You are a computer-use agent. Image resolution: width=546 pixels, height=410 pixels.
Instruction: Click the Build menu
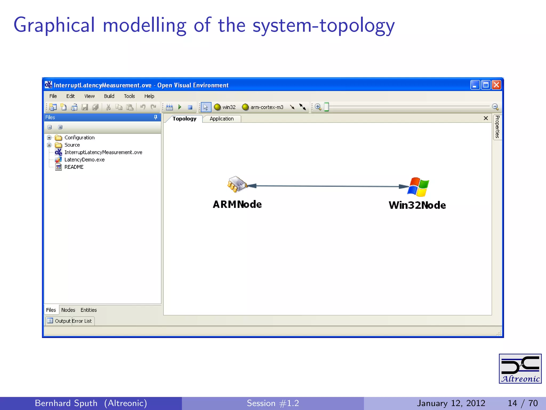point(109,96)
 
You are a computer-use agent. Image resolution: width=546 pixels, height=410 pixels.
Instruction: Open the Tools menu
point(129,96)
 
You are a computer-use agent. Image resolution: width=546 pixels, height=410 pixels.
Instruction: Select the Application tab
point(222,119)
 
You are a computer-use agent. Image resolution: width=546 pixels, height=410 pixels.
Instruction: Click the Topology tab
point(184,119)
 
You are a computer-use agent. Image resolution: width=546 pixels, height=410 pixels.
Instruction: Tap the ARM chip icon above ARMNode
point(236,184)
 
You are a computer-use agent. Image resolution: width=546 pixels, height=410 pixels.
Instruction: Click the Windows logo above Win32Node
point(418,187)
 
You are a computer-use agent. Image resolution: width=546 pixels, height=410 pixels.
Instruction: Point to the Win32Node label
point(417,205)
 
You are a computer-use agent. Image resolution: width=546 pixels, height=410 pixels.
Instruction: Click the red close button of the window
point(496,85)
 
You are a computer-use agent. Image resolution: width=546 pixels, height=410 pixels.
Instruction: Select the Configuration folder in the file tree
point(79,137)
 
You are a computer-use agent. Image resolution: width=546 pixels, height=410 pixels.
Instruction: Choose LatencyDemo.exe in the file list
point(84,160)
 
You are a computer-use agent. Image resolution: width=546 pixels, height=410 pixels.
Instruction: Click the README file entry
point(74,167)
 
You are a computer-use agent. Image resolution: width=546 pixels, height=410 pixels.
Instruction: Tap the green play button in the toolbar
point(180,107)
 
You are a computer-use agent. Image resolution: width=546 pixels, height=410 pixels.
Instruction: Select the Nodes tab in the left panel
point(68,310)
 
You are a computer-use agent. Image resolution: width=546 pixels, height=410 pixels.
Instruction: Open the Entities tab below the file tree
point(89,310)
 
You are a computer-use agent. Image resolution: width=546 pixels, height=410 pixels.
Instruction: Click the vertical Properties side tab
point(497,127)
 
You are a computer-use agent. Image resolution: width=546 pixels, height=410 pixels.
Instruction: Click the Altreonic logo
point(520,369)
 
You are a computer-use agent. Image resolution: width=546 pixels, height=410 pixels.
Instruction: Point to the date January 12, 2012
point(451,403)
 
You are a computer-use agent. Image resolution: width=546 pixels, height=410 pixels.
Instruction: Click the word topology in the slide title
point(357,26)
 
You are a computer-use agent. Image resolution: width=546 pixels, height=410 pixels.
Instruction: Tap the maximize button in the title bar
point(486,85)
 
